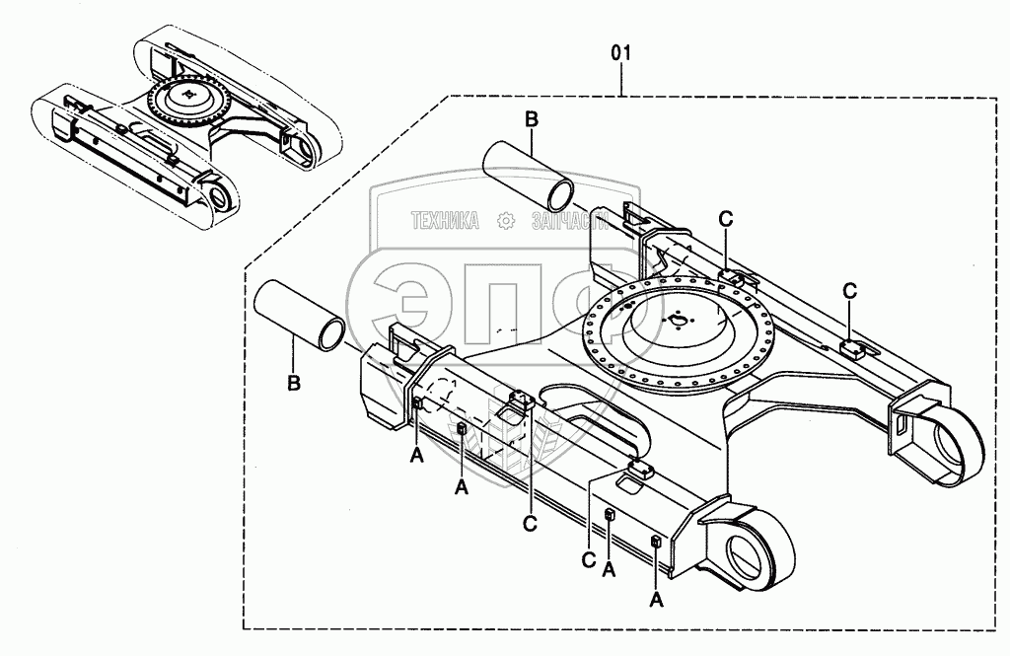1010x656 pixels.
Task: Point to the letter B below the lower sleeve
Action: pyautogui.click(x=293, y=383)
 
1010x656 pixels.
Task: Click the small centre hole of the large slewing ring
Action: pyautogui.click(x=677, y=319)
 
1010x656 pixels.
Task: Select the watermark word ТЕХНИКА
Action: pyautogui.click(x=445, y=222)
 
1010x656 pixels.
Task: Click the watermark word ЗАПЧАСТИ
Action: pyautogui.click(x=567, y=222)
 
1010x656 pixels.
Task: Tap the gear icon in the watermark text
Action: pyautogui.click(x=506, y=222)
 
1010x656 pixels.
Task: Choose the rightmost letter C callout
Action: pyautogui.click(x=849, y=290)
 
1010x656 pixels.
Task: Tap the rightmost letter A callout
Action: pyautogui.click(x=656, y=598)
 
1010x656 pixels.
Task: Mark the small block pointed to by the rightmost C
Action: pyautogui.click(x=852, y=346)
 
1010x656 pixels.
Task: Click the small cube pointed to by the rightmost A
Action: pyautogui.click(x=656, y=540)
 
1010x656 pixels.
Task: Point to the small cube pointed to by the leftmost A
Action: pyautogui.click(x=417, y=402)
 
